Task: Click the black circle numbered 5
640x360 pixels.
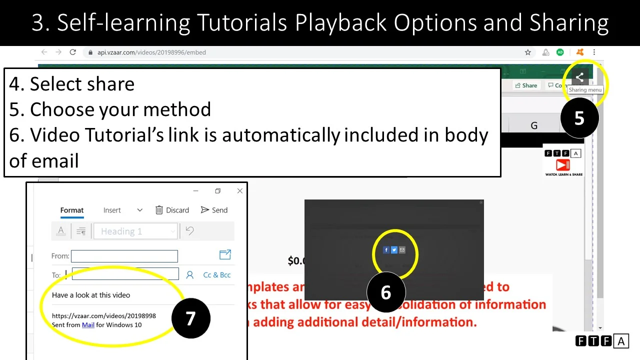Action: pyautogui.click(x=579, y=118)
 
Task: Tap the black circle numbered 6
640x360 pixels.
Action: pyautogui.click(x=386, y=292)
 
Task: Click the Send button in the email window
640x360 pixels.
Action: pyautogui.click(x=214, y=210)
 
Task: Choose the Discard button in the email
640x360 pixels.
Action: pyautogui.click(x=172, y=210)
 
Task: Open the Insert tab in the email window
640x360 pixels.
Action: pyautogui.click(x=112, y=210)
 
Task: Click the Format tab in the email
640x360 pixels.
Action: pyautogui.click(x=72, y=210)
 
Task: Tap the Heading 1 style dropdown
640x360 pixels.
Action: pyautogui.click(x=135, y=231)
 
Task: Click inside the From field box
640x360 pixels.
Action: pyautogui.click(x=124, y=256)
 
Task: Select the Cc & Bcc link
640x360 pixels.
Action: pyautogui.click(x=217, y=274)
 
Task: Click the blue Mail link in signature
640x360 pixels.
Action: pyautogui.click(x=88, y=324)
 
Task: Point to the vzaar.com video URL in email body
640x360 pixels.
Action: pyautogui.click(x=104, y=315)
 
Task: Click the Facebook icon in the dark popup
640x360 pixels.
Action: pyautogui.click(x=386, y=250)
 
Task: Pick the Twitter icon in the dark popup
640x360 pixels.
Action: pyautogui.click(x=394, y=250)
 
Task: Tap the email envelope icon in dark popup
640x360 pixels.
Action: pyautogui.click(x=402, y=250)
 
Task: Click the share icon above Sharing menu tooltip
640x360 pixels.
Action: pyautogui.click(x=579, y=77)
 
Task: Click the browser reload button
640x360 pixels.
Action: pyautogui.click(x=73, y=52)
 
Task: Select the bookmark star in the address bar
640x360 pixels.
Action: pyautogui.click(x=528, y=52)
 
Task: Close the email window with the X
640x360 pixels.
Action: pyautogui.click(x=240, y=191)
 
